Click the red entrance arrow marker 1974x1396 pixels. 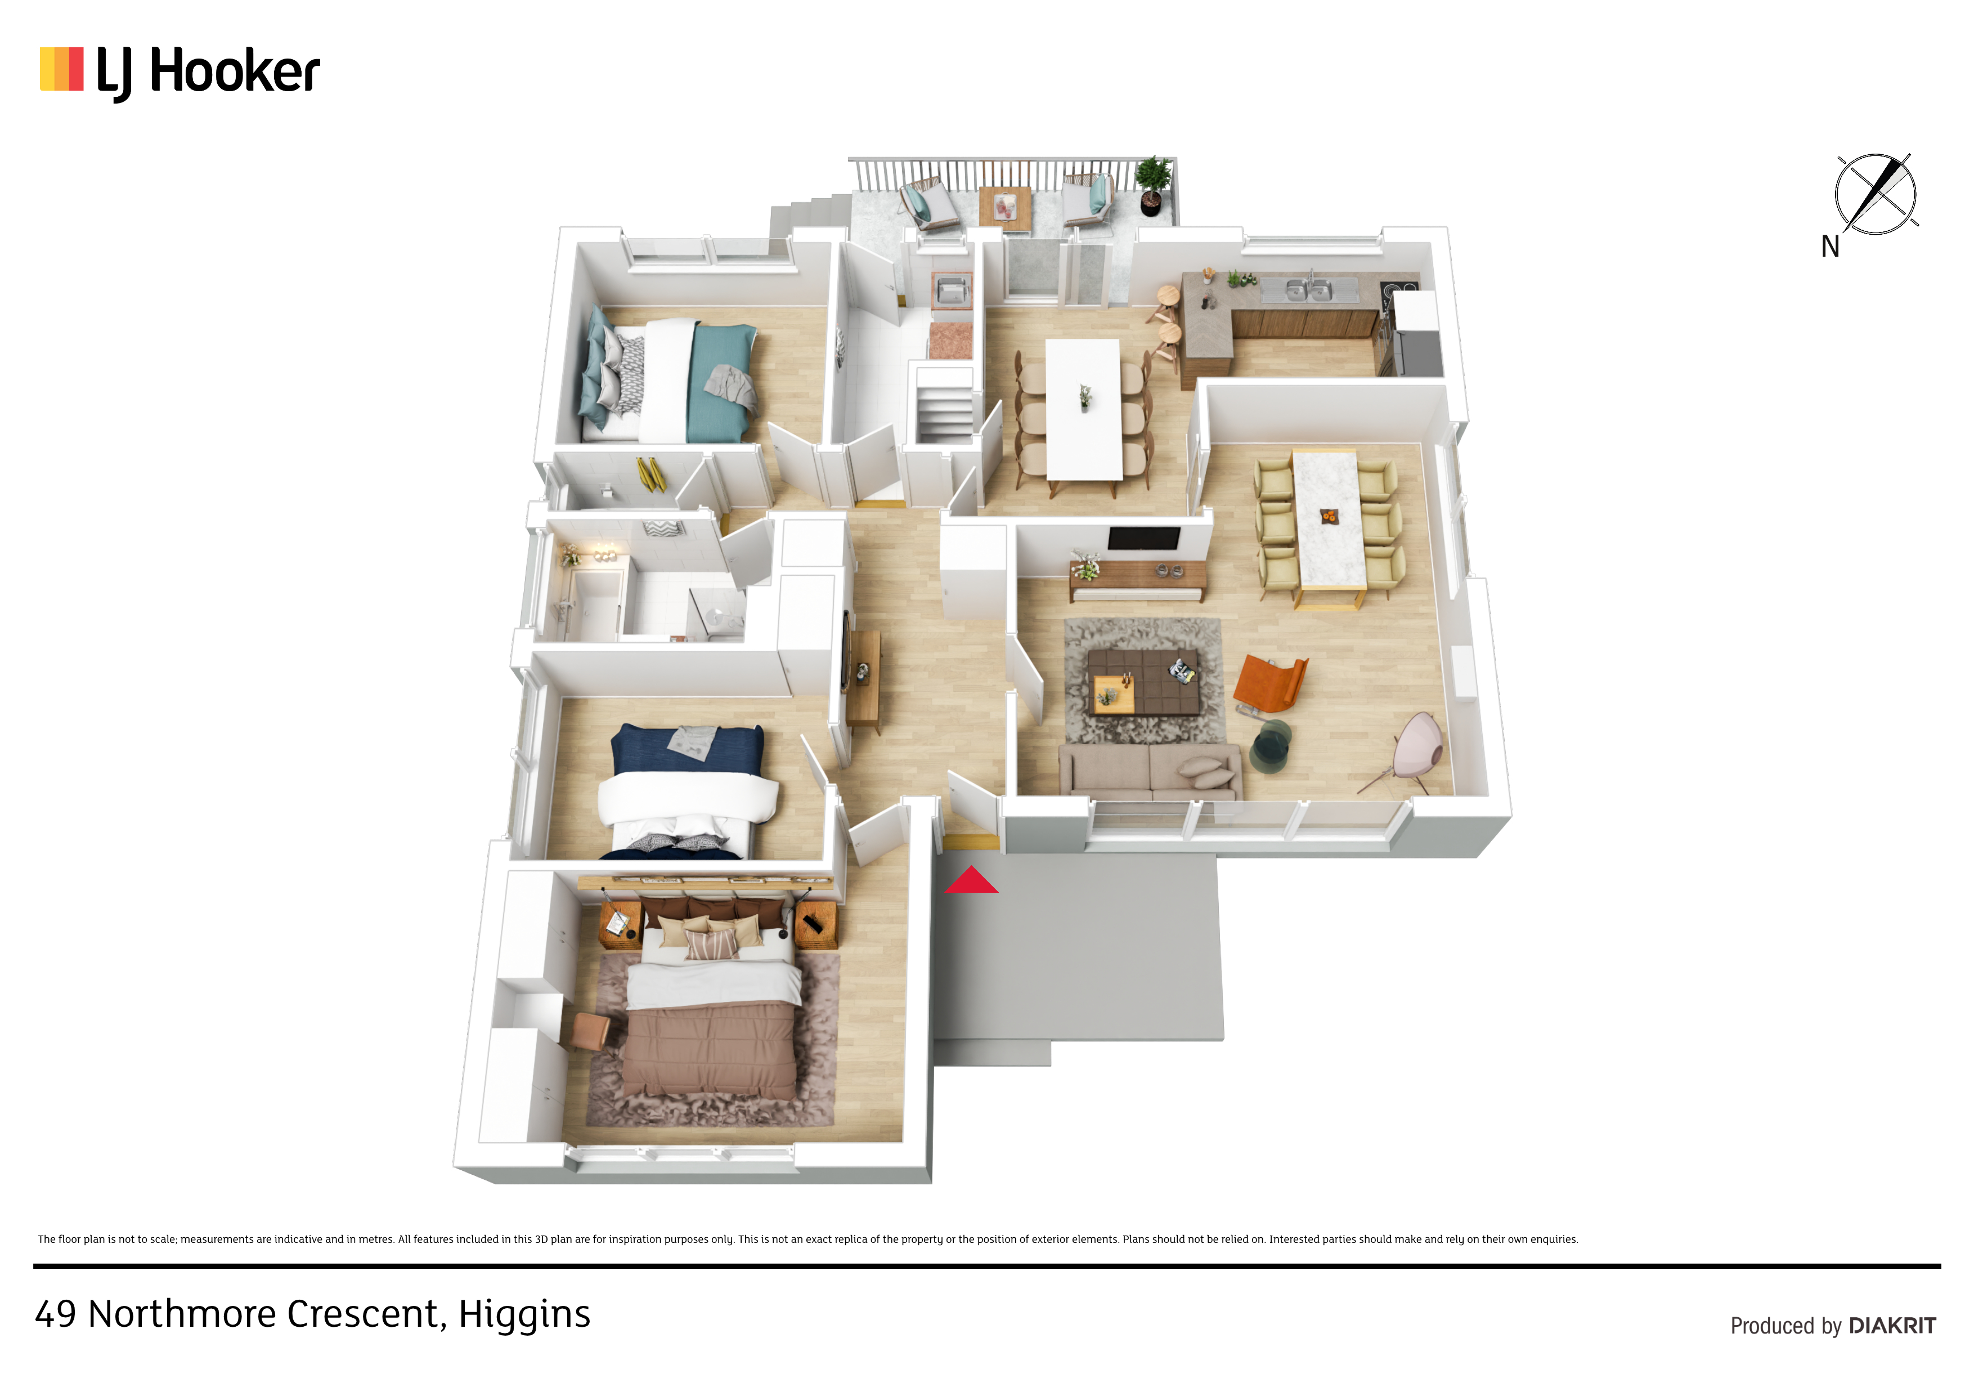(971, 881)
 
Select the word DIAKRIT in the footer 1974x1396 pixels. (1892, 1326)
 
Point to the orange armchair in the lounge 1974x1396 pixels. (1270, 684)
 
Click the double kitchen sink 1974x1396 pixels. (1308, 290)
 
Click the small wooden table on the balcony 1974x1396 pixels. (1005, 208)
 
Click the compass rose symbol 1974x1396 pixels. (1875, 194)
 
